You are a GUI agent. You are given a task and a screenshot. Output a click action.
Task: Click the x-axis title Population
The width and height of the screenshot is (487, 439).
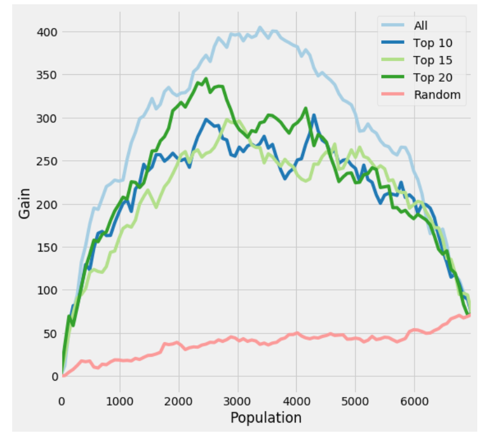point(266,418)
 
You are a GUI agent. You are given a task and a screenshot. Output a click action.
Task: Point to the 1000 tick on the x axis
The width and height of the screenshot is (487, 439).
point(120,400)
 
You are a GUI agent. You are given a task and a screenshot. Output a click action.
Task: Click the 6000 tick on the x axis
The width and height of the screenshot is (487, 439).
point(414,400)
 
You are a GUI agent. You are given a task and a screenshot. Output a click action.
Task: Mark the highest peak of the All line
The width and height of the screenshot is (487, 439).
point(260,27)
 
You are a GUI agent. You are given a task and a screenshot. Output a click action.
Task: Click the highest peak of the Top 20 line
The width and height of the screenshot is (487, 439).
point(206,79)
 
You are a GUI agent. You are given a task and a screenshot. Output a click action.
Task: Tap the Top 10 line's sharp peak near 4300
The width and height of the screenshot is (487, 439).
point(314,115)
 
